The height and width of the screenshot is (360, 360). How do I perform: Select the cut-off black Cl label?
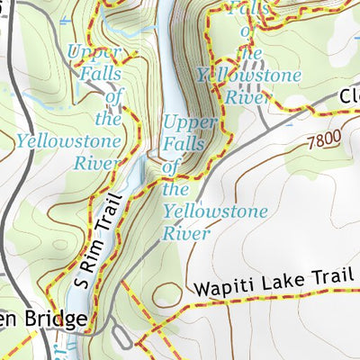click(x=349, y=96)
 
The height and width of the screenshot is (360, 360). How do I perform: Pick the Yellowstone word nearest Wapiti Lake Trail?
click(x=216, y=212)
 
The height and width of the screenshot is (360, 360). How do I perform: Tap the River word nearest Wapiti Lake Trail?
click(x=186, y=233)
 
